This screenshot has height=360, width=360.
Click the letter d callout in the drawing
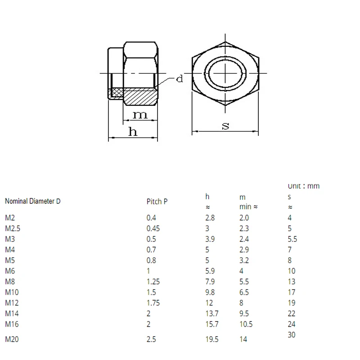(180, 79)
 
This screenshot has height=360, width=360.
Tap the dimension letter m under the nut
(139, 115)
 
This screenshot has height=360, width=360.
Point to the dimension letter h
(133, 132)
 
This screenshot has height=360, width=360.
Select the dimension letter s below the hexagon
(225, 126)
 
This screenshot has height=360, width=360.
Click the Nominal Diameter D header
(32, 202)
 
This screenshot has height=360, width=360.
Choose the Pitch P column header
(157, 202)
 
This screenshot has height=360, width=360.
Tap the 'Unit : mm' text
(303, 186)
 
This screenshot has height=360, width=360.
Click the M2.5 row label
(13, 228)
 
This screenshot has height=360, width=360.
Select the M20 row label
(12, 339)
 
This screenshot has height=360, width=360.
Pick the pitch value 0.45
(153, 228)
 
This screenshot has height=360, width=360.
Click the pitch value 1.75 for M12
(153, 303)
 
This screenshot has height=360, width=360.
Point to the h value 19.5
(212, 339)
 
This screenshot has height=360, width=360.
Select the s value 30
(292, 335)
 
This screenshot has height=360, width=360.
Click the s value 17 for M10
(292, 292)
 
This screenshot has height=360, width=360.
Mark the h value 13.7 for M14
(212, 314)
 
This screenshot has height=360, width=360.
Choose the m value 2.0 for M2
(244, 218)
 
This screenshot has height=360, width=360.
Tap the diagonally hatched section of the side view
(139, 96)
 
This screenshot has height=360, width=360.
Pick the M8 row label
(10, 282)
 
